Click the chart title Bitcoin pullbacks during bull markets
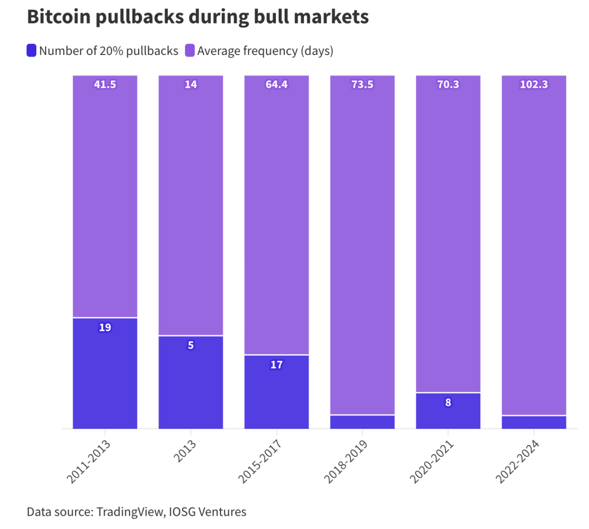198,17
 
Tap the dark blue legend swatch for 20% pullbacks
31,51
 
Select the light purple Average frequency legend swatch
190,51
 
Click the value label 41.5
105,84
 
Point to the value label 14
190,84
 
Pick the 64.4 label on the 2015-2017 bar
276,84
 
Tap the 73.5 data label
362,84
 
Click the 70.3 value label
448,84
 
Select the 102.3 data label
534,84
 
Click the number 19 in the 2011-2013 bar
105,327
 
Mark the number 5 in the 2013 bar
190,345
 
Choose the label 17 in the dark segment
276,365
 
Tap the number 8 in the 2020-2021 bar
448,402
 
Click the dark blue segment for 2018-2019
362,422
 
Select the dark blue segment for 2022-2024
534,423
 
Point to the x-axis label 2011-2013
89,462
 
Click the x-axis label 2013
185,451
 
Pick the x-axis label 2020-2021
432,462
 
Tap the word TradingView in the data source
131,512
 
